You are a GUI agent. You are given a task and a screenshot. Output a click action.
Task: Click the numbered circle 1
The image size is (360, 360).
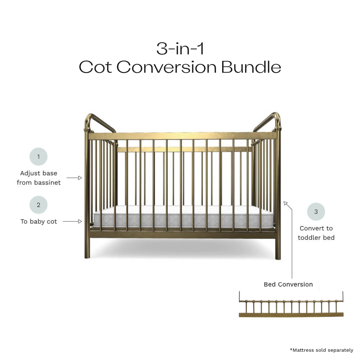click(x=39, y=157)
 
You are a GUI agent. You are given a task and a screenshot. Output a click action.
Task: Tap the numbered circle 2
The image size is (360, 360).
click(x=39, y=205)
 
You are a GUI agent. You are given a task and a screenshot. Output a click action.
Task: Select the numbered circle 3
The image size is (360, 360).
click(x=316, y=212)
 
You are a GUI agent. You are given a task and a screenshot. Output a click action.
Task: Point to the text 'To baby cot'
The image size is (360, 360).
click(x=39, y=221)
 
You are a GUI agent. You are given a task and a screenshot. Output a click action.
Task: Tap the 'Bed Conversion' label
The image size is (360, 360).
click(x=288, y=284)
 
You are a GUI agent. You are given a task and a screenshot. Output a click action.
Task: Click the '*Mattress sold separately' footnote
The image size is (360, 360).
click(x=321, y=350)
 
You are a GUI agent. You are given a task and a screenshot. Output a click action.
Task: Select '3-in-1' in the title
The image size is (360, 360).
click(x=180, y=49)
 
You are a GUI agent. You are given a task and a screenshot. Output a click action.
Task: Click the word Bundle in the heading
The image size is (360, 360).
click(x=251, y=67)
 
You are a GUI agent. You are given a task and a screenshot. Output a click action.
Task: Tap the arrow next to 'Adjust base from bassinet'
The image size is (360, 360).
click(x=75, y=178)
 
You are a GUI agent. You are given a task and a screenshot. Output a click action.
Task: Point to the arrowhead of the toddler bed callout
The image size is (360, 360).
click(x=285, y=203)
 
